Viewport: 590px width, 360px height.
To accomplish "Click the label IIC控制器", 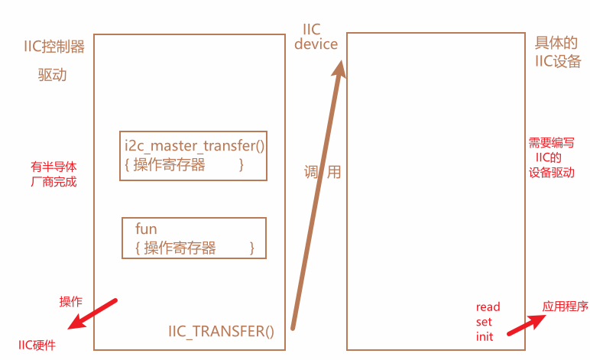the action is click(x=53, y=46).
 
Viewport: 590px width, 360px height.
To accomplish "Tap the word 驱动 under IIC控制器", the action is click(x=53, y=75).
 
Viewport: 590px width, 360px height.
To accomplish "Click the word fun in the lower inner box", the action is click(x=146, y=229).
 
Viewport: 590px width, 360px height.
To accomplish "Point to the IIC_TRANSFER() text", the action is click(x=221, y=331).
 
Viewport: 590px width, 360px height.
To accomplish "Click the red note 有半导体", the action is click(x=53, y=166).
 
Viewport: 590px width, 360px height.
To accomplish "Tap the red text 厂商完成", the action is click(x=53, y=182).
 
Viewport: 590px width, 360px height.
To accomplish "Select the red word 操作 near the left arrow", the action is click(x=71, y=301).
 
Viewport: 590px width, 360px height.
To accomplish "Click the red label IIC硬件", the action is click(x=37, y=345).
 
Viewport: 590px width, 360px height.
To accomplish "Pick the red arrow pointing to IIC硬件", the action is click(x=92, y=313).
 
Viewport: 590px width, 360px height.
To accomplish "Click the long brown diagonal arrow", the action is click(x=317, y=199).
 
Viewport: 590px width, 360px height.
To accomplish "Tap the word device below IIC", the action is click(x=316, y=44).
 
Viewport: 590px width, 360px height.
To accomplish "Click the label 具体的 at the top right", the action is click(x=556, y=44).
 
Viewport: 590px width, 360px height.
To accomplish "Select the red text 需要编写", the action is click(x=552, y=143).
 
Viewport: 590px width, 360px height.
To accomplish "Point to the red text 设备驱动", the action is click(x=552, y=173).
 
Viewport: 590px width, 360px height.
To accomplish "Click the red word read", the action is click(x=488, y=307).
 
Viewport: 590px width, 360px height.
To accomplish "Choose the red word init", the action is click(x=485, y=336).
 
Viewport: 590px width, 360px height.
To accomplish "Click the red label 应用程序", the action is click(x=566, y=306).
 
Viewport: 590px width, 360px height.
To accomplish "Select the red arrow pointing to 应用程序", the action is click(x=527, y=324).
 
